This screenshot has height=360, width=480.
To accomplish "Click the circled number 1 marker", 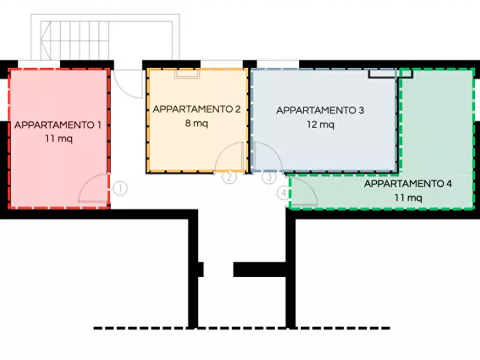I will [x=121, y=189].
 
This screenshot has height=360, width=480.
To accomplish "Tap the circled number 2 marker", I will [x=230, y=177].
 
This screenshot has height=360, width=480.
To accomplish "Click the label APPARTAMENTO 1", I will [x=58, y=125].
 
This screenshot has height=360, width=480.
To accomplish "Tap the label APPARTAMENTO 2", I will [x=197, y=109].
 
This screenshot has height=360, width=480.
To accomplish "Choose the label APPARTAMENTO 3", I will [x=320, y=111].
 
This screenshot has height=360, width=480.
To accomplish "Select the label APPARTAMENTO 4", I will [x=408, y=184].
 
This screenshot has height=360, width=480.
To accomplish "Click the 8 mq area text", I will [x=196, y=123].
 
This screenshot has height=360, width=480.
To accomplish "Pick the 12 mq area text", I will [x=320, y=125].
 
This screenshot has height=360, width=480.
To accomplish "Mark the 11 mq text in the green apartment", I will [x=408, y=198].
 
